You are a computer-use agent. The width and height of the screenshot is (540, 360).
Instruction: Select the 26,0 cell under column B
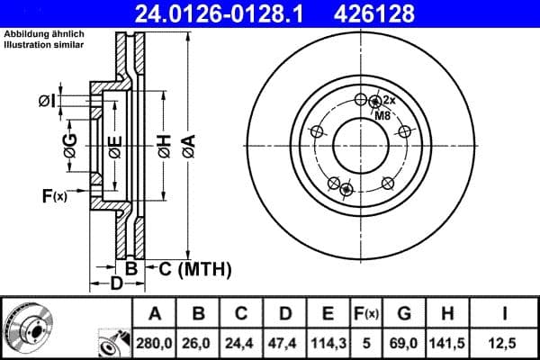click(x=198, y=342)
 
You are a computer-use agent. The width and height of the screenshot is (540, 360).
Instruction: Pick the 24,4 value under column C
click(x=241, y=342)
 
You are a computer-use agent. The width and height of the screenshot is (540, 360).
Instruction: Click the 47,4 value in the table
click(x=284, y=342)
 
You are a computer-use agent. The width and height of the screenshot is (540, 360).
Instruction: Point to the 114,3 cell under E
click(x=328, y=342)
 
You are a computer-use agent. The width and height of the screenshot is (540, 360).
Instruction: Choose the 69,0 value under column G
click(x=404, y=342)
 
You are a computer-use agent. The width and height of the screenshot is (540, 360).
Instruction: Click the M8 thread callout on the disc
click(x=382, y=115)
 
